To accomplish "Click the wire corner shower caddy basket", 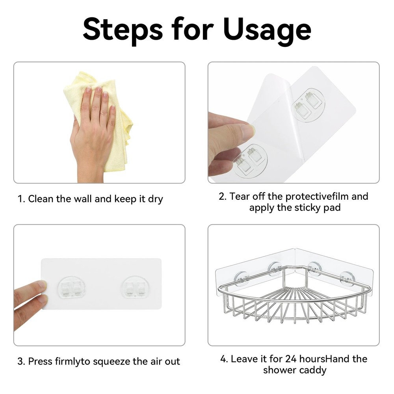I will pos(294,299).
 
